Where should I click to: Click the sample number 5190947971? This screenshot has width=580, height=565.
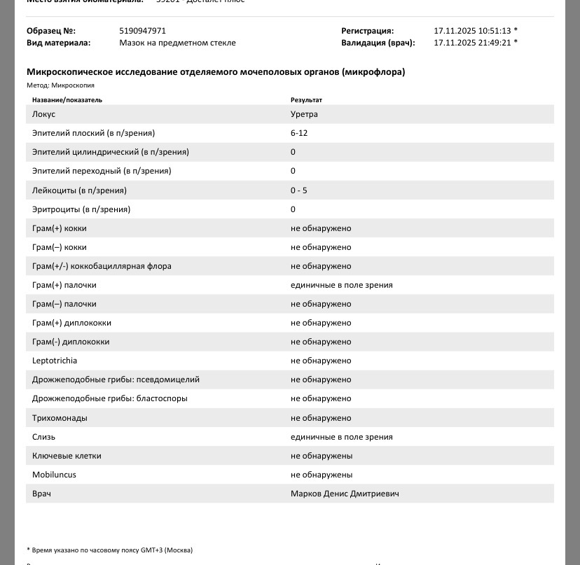[x=143, y=31]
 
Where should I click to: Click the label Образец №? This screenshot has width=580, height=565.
[x=51, y=31]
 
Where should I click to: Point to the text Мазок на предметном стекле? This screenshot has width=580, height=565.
[x=177, y=43]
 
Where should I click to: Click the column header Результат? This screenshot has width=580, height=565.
[x=306, y=100]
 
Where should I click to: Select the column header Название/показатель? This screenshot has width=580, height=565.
[x=67, y=100]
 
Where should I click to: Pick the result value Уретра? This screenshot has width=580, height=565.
[x=304, y=114]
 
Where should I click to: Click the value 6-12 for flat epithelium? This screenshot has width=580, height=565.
[x=299, y=133]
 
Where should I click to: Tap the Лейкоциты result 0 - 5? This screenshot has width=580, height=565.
[x=299, y=190]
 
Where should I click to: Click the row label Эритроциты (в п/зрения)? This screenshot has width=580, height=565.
[x=81, y=209]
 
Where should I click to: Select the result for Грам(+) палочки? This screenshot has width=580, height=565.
[x=341, y=285]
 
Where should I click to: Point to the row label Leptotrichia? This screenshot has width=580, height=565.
[x=55, y=361]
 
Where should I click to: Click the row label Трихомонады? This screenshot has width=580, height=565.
[x=60, y=418]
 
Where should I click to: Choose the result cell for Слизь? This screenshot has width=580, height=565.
[x=341, y=437]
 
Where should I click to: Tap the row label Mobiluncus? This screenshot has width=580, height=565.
[x=54, y=475]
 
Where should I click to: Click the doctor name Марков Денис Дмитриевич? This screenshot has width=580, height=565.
[x=345, y=494]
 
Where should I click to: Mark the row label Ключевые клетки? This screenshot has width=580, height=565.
[x=67, y=456]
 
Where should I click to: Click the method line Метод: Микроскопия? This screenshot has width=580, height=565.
[x=60, y=85]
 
